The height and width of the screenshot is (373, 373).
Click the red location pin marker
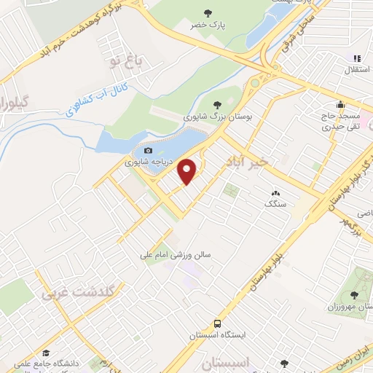point(188,171)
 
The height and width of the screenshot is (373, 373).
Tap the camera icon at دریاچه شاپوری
point(149,151)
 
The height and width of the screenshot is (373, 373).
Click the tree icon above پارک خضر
point(208,12)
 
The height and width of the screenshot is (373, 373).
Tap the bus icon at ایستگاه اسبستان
point(217,323)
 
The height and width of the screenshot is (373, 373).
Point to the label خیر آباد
point(270,160)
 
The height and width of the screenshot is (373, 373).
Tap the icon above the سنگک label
point(275,194)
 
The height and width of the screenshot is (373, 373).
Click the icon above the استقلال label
point(357,58)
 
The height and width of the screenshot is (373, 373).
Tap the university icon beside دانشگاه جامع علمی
point(45,352)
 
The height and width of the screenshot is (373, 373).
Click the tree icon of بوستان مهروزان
point(354,295)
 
